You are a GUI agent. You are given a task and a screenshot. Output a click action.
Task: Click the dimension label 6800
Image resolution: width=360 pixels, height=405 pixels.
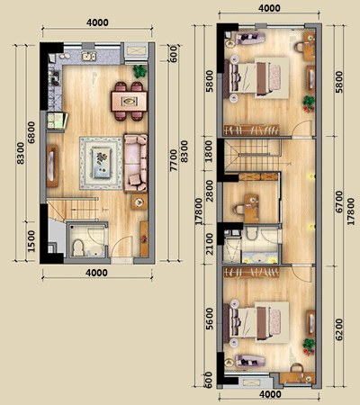[31, 132]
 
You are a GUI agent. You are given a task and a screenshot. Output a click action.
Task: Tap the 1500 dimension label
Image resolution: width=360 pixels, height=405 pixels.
[31, 241]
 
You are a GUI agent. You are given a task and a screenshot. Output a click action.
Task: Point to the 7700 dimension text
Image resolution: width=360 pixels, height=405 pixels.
[174, 160]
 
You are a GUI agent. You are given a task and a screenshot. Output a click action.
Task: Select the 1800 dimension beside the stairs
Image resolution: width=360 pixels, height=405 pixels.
[209, 151]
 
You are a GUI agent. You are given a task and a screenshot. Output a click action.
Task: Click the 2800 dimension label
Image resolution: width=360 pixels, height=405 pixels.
[209, 191]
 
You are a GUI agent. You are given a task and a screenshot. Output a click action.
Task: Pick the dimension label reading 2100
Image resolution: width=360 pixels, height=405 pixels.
[209, 244]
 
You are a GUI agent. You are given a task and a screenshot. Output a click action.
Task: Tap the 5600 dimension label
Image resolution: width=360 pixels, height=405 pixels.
[209, 319]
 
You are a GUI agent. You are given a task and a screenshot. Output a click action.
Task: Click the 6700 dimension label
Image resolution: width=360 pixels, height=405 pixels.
[338, 202]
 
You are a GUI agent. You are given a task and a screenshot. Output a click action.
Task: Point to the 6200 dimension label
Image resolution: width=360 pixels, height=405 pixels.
[338, 329]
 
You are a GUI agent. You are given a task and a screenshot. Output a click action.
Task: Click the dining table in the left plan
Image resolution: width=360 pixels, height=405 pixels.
[130, 102]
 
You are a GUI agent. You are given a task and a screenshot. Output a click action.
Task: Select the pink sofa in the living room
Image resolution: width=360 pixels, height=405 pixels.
[136, 164]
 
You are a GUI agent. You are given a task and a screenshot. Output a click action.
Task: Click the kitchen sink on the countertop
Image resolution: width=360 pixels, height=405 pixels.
[89, 56]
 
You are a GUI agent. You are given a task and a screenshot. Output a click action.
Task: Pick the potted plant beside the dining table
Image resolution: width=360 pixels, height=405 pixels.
[139, 71]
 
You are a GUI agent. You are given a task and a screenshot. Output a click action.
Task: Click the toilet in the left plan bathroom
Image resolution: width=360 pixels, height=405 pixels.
[78, 247]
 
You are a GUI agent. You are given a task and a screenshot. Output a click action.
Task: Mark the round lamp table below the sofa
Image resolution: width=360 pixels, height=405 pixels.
[139, 202]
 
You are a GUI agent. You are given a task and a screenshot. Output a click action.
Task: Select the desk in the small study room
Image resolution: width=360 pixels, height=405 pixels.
[251, 208]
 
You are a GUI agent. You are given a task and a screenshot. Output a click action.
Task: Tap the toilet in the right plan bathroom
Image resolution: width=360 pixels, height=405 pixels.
[251, 233]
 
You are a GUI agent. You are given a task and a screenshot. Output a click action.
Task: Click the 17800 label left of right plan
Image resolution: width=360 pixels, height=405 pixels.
[199, 211]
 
